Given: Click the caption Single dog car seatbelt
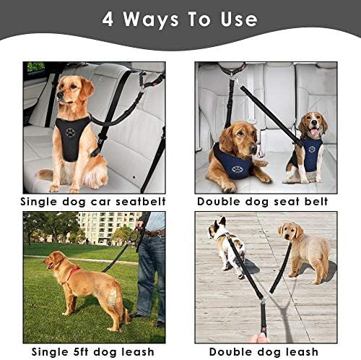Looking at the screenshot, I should (x=93, y=200).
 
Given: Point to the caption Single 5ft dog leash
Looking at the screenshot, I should (x=93, y=351).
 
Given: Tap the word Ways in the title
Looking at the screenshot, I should (x=162, y=19).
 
